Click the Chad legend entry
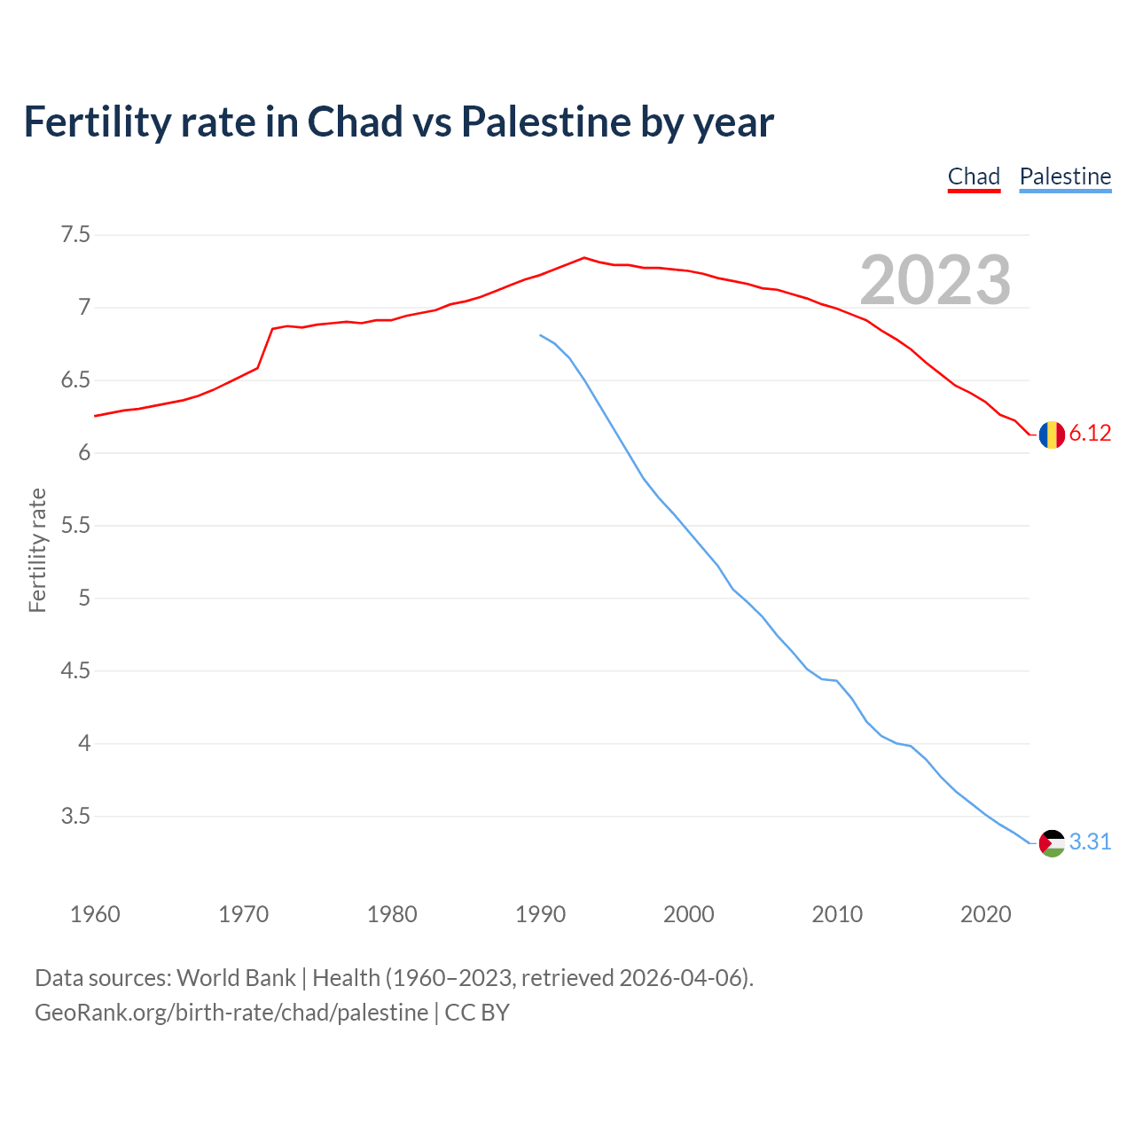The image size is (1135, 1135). click(x=974, y=176)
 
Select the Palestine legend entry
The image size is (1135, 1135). click(x=1065, y=176)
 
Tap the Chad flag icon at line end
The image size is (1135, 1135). click(x=1052, y=434)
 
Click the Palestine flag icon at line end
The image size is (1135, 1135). click(x=1052, y=842)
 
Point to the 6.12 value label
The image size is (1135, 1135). click(x=1090, y=434)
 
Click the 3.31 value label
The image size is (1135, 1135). click(x=1090, y=841)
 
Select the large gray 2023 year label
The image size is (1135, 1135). click(x=935, y=280)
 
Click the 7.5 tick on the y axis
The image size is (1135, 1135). click(x=75, y=235)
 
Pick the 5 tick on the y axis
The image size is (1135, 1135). click(x=84, y=598)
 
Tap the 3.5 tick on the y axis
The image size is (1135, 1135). click(x=75, y=816)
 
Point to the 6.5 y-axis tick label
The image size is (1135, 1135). click(x=75, y=380)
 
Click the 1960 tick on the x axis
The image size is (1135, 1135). click(x=95, y=914)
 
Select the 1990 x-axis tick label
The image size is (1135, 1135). click(x=540, y=914)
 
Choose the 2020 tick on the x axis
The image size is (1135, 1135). click(x=985, y=914)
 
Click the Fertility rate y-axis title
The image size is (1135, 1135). click(x=37, y=550)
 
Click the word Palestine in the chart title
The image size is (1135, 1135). click(x=545, y=121)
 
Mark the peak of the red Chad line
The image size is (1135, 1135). click(x=583, y=258)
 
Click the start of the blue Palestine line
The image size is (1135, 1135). click(x=540, y=335)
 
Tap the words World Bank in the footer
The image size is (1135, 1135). click(x=236, y=978)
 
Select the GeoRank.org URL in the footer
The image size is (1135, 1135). click(x=231, y=1013)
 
